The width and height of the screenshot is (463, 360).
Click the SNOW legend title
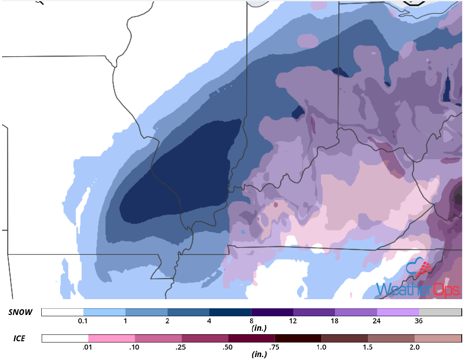pyautogui.click(x=20, y=312)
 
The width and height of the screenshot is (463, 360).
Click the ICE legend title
pyautogui.click(x=17, y=338)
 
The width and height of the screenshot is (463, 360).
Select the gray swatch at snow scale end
pyautogui.click(x=440, y=312)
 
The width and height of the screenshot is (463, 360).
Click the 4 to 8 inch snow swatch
pyautogui.click(x=230, y=312)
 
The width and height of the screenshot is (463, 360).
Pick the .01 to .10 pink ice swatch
pyautogui.click(x=112, y=338)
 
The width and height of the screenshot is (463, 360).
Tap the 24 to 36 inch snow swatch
pyautogui.click(x=398, y=312)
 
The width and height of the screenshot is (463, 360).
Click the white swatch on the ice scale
pyautogui.click(x=65, y=338)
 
